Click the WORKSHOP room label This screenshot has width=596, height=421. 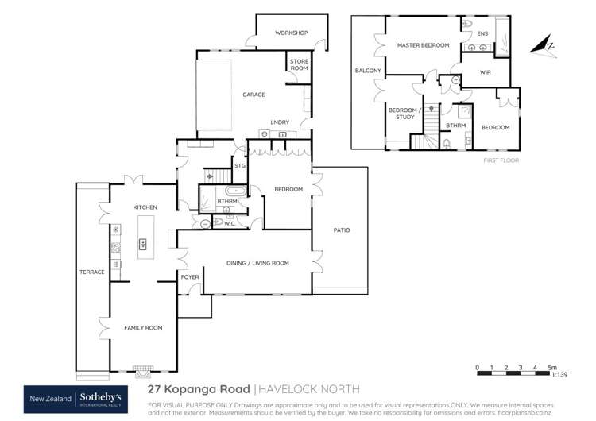[291, 33]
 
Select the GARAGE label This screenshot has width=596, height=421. [253, 95]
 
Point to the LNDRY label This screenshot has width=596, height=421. [279, 122]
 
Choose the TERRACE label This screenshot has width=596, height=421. [92, 272]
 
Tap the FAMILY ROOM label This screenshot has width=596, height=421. [142, 327]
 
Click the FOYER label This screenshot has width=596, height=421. [190, 277]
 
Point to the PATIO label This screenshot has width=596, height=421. [341, 230]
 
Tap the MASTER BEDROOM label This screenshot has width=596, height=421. [424, 46]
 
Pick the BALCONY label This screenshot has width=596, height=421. [369, 71]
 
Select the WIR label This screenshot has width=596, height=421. [486, 72]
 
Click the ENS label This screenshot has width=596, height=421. [483, 33]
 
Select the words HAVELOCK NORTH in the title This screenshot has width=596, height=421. [310, 389]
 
